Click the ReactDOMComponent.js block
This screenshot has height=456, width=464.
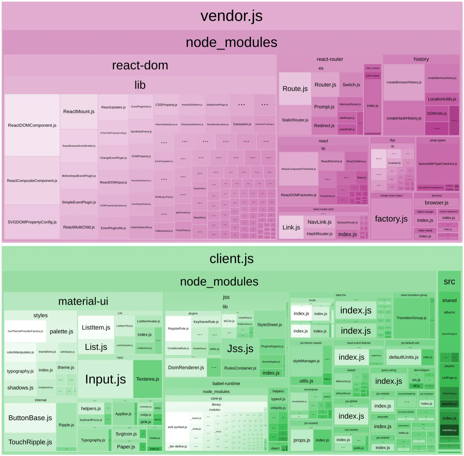coord(32,125)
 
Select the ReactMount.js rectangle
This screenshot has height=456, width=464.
coord(79,111)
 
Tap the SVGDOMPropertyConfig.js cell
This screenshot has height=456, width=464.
coord(32,222)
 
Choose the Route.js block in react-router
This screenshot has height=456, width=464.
coord(295,89)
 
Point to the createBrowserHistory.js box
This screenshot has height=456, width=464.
coord(404,82)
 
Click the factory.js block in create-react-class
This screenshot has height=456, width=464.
coord(391,218)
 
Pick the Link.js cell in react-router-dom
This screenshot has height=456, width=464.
coord(291,227)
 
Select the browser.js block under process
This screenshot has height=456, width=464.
coord(436,203)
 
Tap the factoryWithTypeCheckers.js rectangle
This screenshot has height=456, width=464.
coord(438,164)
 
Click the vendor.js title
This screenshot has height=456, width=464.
coord(232,16)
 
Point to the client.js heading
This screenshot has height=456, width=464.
coord(232,259)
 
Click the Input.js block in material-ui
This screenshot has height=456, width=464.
coord(105,379)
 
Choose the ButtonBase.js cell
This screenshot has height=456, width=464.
coord(30,418)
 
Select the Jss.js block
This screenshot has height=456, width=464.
coord(240,349)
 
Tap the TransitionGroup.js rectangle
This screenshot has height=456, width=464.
coord(411,318)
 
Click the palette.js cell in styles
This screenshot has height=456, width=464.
coord(61,332)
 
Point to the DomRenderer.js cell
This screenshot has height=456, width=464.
coord(186,368)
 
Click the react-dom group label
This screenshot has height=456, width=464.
coord(140,65)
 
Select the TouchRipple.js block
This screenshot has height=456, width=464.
coord(30,442)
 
